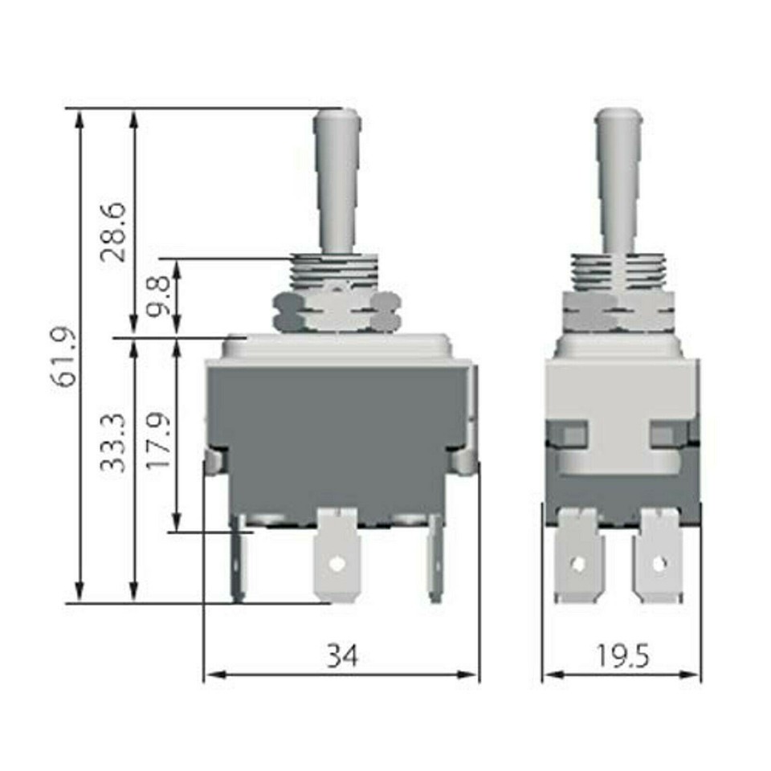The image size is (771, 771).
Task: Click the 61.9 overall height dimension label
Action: click(64, 356)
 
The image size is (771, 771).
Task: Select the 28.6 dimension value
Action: click(115, 232)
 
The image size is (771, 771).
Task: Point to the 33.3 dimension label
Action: click(115, 442)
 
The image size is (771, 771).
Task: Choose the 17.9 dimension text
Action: click(160, 442)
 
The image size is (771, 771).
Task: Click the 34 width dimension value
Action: click(342, 656)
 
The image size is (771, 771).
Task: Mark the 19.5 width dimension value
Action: click(622, 656)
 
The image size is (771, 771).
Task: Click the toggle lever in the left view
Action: click(337, 181)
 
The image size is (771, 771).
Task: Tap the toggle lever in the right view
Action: click(619, 181)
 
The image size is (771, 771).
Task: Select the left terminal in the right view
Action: click(577, 558)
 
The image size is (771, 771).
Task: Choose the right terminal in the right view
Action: click(659, 558)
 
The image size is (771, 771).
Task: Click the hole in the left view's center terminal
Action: click(337, 565)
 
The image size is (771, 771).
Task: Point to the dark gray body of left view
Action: click(337, 434)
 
